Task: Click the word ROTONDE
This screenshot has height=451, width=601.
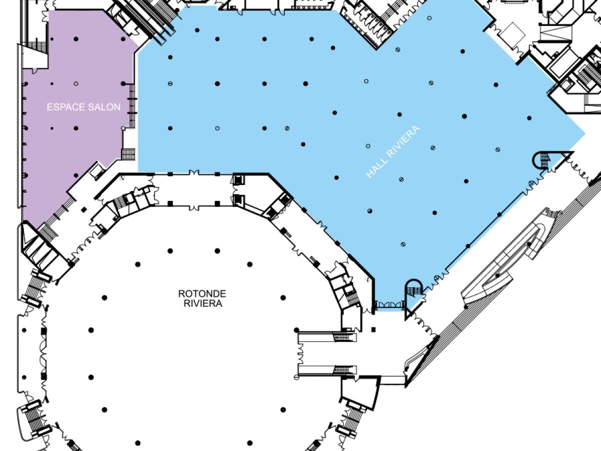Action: click(x=202, y=294)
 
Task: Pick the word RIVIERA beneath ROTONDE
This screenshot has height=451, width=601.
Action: click(x=203, y=303)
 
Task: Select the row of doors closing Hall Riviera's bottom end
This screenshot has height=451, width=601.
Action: click(x=390, y=305)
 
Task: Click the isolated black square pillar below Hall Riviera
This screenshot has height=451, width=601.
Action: click(x=374, y=329)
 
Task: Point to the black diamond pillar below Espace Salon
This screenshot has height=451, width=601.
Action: click(x=84, y=210)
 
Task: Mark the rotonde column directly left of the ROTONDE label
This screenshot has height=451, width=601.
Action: click(x=104, y=298)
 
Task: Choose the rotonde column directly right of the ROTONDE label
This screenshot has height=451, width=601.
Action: click(x=283, y=298)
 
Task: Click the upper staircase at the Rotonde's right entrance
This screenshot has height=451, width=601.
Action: click(x=342, y=337)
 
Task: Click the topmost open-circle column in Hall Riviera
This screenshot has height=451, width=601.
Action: click(x=429, y=19)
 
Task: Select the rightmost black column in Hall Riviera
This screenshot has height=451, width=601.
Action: click(x=529, y=118)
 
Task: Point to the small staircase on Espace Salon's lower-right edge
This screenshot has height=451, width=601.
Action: click(x=128, y=154)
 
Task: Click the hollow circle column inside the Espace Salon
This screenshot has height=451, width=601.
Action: click(x=76, y=84)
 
